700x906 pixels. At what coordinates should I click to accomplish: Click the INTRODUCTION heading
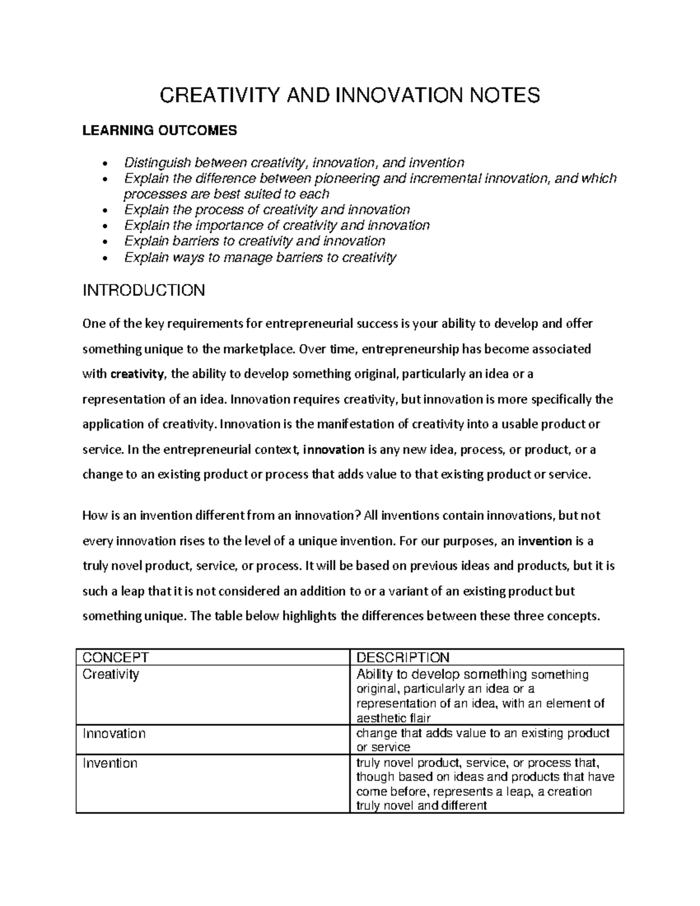tap(143, 290)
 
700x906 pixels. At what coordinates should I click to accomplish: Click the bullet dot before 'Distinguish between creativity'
tap(104, 163)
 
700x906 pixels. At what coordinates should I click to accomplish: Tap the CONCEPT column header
tap(116, 657)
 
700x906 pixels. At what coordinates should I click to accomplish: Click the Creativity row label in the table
tap(111, 674)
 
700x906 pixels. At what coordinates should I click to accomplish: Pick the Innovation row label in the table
tap(114, 733)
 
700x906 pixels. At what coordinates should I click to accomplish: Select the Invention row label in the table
tap(110, 763)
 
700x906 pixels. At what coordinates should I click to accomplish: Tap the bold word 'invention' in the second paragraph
tap(545, 541)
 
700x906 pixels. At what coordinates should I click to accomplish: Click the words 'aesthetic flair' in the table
tap(393, 718)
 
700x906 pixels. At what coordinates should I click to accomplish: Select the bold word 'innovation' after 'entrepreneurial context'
tap(334, 450)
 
